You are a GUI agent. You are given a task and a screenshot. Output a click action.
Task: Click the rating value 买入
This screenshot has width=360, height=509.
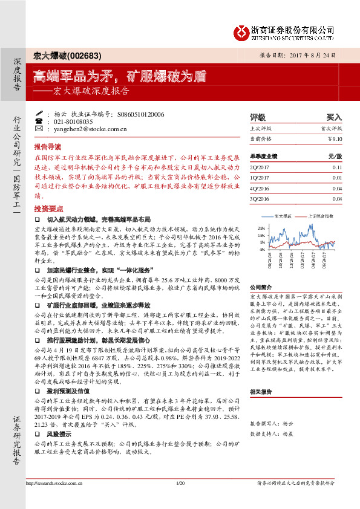click(334, 117)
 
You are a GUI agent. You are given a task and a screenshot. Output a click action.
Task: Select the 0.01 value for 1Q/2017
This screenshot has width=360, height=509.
click(337, 177)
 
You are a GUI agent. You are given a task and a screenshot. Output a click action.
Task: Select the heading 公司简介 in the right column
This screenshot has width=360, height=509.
click(261, 287)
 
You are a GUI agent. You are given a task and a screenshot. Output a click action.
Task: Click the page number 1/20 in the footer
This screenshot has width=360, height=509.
click(180, 501)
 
